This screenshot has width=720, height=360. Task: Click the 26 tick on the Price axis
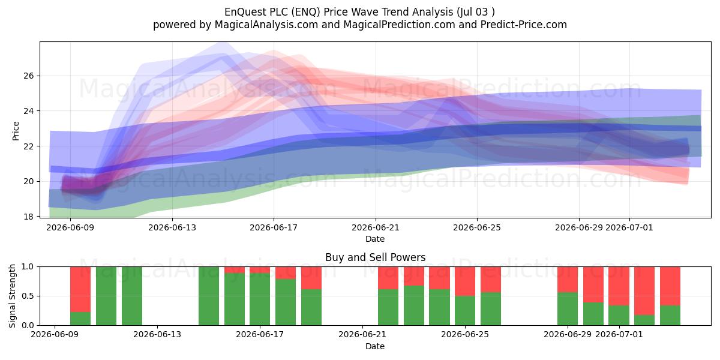click(29, 76)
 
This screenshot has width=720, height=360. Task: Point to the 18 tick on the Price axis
click(29, 217)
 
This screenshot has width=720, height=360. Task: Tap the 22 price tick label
click(29, 146)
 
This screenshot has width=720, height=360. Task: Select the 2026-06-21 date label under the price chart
click(376, 227)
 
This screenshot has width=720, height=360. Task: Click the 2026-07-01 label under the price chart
click(629, 227)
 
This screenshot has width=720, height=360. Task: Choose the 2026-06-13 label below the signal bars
click(157, 335)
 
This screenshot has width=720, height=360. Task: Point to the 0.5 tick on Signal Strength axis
click(28, 296)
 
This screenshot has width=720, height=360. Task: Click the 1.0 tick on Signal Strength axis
click(28, 267)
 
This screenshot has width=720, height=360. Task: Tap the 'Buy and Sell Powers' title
click(376, 257)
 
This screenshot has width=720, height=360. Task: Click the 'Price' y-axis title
click(16, 131)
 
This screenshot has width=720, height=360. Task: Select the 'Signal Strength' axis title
click(12, 296)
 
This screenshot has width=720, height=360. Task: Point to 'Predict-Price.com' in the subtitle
click(524, 25)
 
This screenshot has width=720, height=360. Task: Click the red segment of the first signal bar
click(80, 289)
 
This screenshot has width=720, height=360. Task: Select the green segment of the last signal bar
click(670, 316)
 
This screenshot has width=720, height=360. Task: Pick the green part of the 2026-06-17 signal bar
click(260, 299)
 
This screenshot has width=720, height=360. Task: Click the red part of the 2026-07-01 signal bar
click(619, 286)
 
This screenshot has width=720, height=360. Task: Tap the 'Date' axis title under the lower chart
click(375, 346)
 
